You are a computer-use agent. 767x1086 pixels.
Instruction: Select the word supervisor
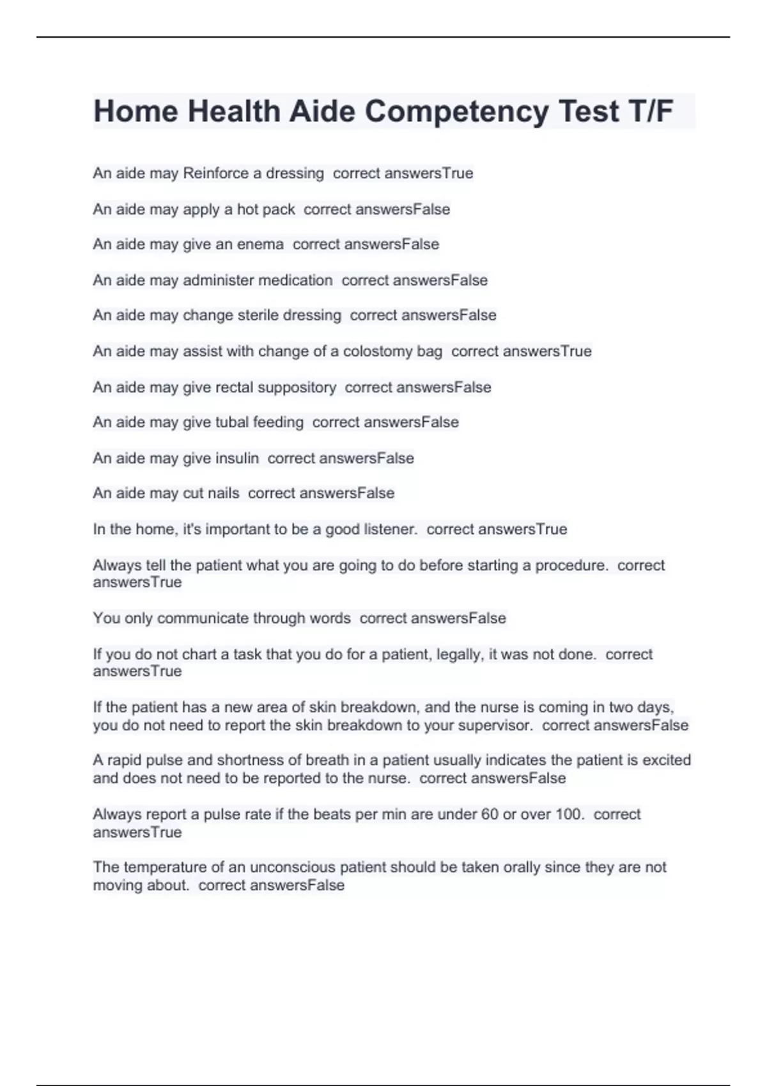click(x=493, y=726)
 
